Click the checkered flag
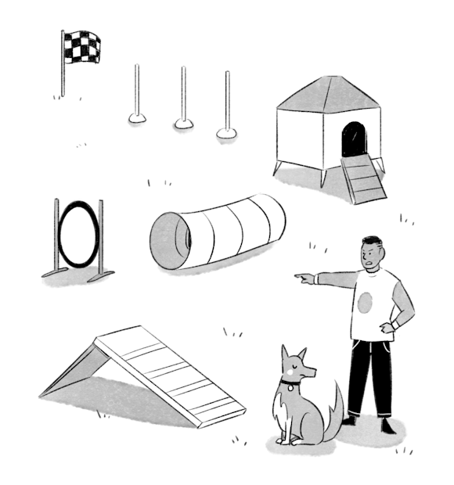82,47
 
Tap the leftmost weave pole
137,90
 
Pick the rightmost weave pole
227,98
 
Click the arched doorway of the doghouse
353,138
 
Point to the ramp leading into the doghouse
361,178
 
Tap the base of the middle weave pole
184,122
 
